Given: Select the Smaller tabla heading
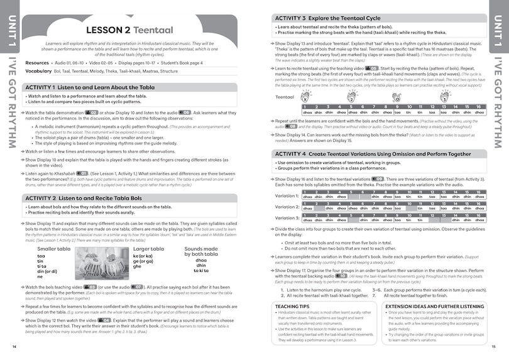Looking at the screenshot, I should (54, 249).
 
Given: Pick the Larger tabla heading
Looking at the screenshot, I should (149, 249).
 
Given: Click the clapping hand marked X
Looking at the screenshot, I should (305, 97).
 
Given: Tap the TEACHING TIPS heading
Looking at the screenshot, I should (296, 306).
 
